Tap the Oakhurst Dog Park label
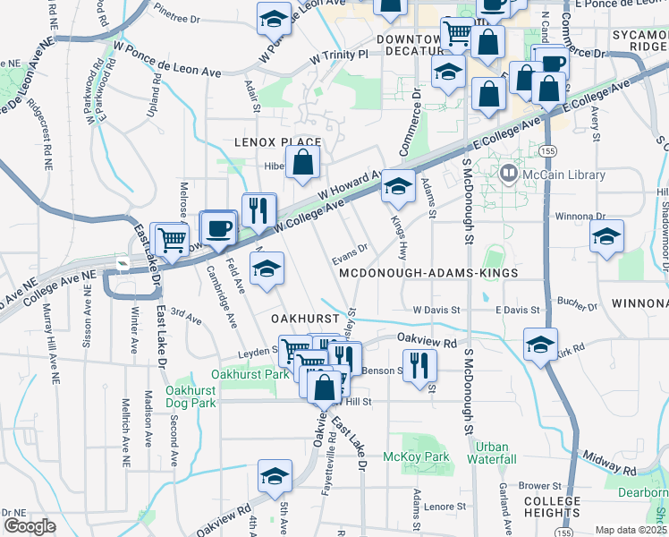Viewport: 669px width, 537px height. pyautogui.click(x=191, y=396)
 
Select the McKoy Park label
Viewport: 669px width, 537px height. pyautogui.click(x=415, y=457)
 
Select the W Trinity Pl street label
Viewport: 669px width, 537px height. pyautogui.click(x=339, y=55)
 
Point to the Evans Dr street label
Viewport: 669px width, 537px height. pyautogui.click(x=351, y=252)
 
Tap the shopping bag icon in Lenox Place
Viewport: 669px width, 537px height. pyautogui.click(x=304, y=162)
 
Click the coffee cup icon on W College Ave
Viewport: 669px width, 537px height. pyautogui.click(x=219, y=227)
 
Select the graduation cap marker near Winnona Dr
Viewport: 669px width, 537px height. pyautogui.click(x=607, y=237)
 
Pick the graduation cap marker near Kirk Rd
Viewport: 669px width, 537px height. pyautogui.click(x=541, y=345)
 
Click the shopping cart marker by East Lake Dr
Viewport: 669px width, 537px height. pyautogui.click(x=169, y=239)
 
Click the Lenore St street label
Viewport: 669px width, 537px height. pyautogui.click(x=439, y=506)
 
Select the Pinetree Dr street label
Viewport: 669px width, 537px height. pyautogui.click(x=177, y=16)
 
